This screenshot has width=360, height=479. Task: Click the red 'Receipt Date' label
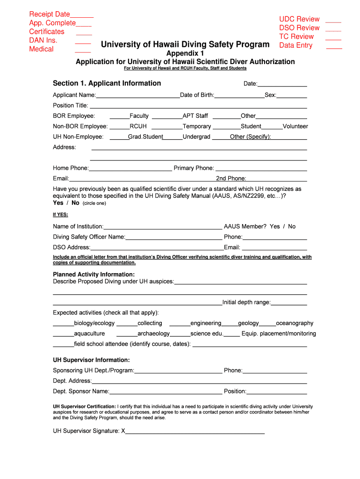[x=50, y=14]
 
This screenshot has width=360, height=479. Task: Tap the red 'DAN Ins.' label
[x=43, y=40]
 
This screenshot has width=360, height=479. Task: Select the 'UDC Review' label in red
[x=299, y=19]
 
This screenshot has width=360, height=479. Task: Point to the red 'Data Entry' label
[x=295, y=45]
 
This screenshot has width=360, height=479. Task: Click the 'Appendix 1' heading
[x=185, y=53]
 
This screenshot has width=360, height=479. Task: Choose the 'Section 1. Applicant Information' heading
[x=107, y=83]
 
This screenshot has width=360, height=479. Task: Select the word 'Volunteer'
[x=295, y=126]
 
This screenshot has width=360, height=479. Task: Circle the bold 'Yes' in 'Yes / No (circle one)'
[x=58, y=203]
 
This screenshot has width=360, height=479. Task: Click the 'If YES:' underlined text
[x=60, y=215]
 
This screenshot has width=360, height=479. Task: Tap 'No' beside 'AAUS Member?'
[x=292, y=226]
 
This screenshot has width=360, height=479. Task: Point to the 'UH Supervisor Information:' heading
[x=91, y=360]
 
